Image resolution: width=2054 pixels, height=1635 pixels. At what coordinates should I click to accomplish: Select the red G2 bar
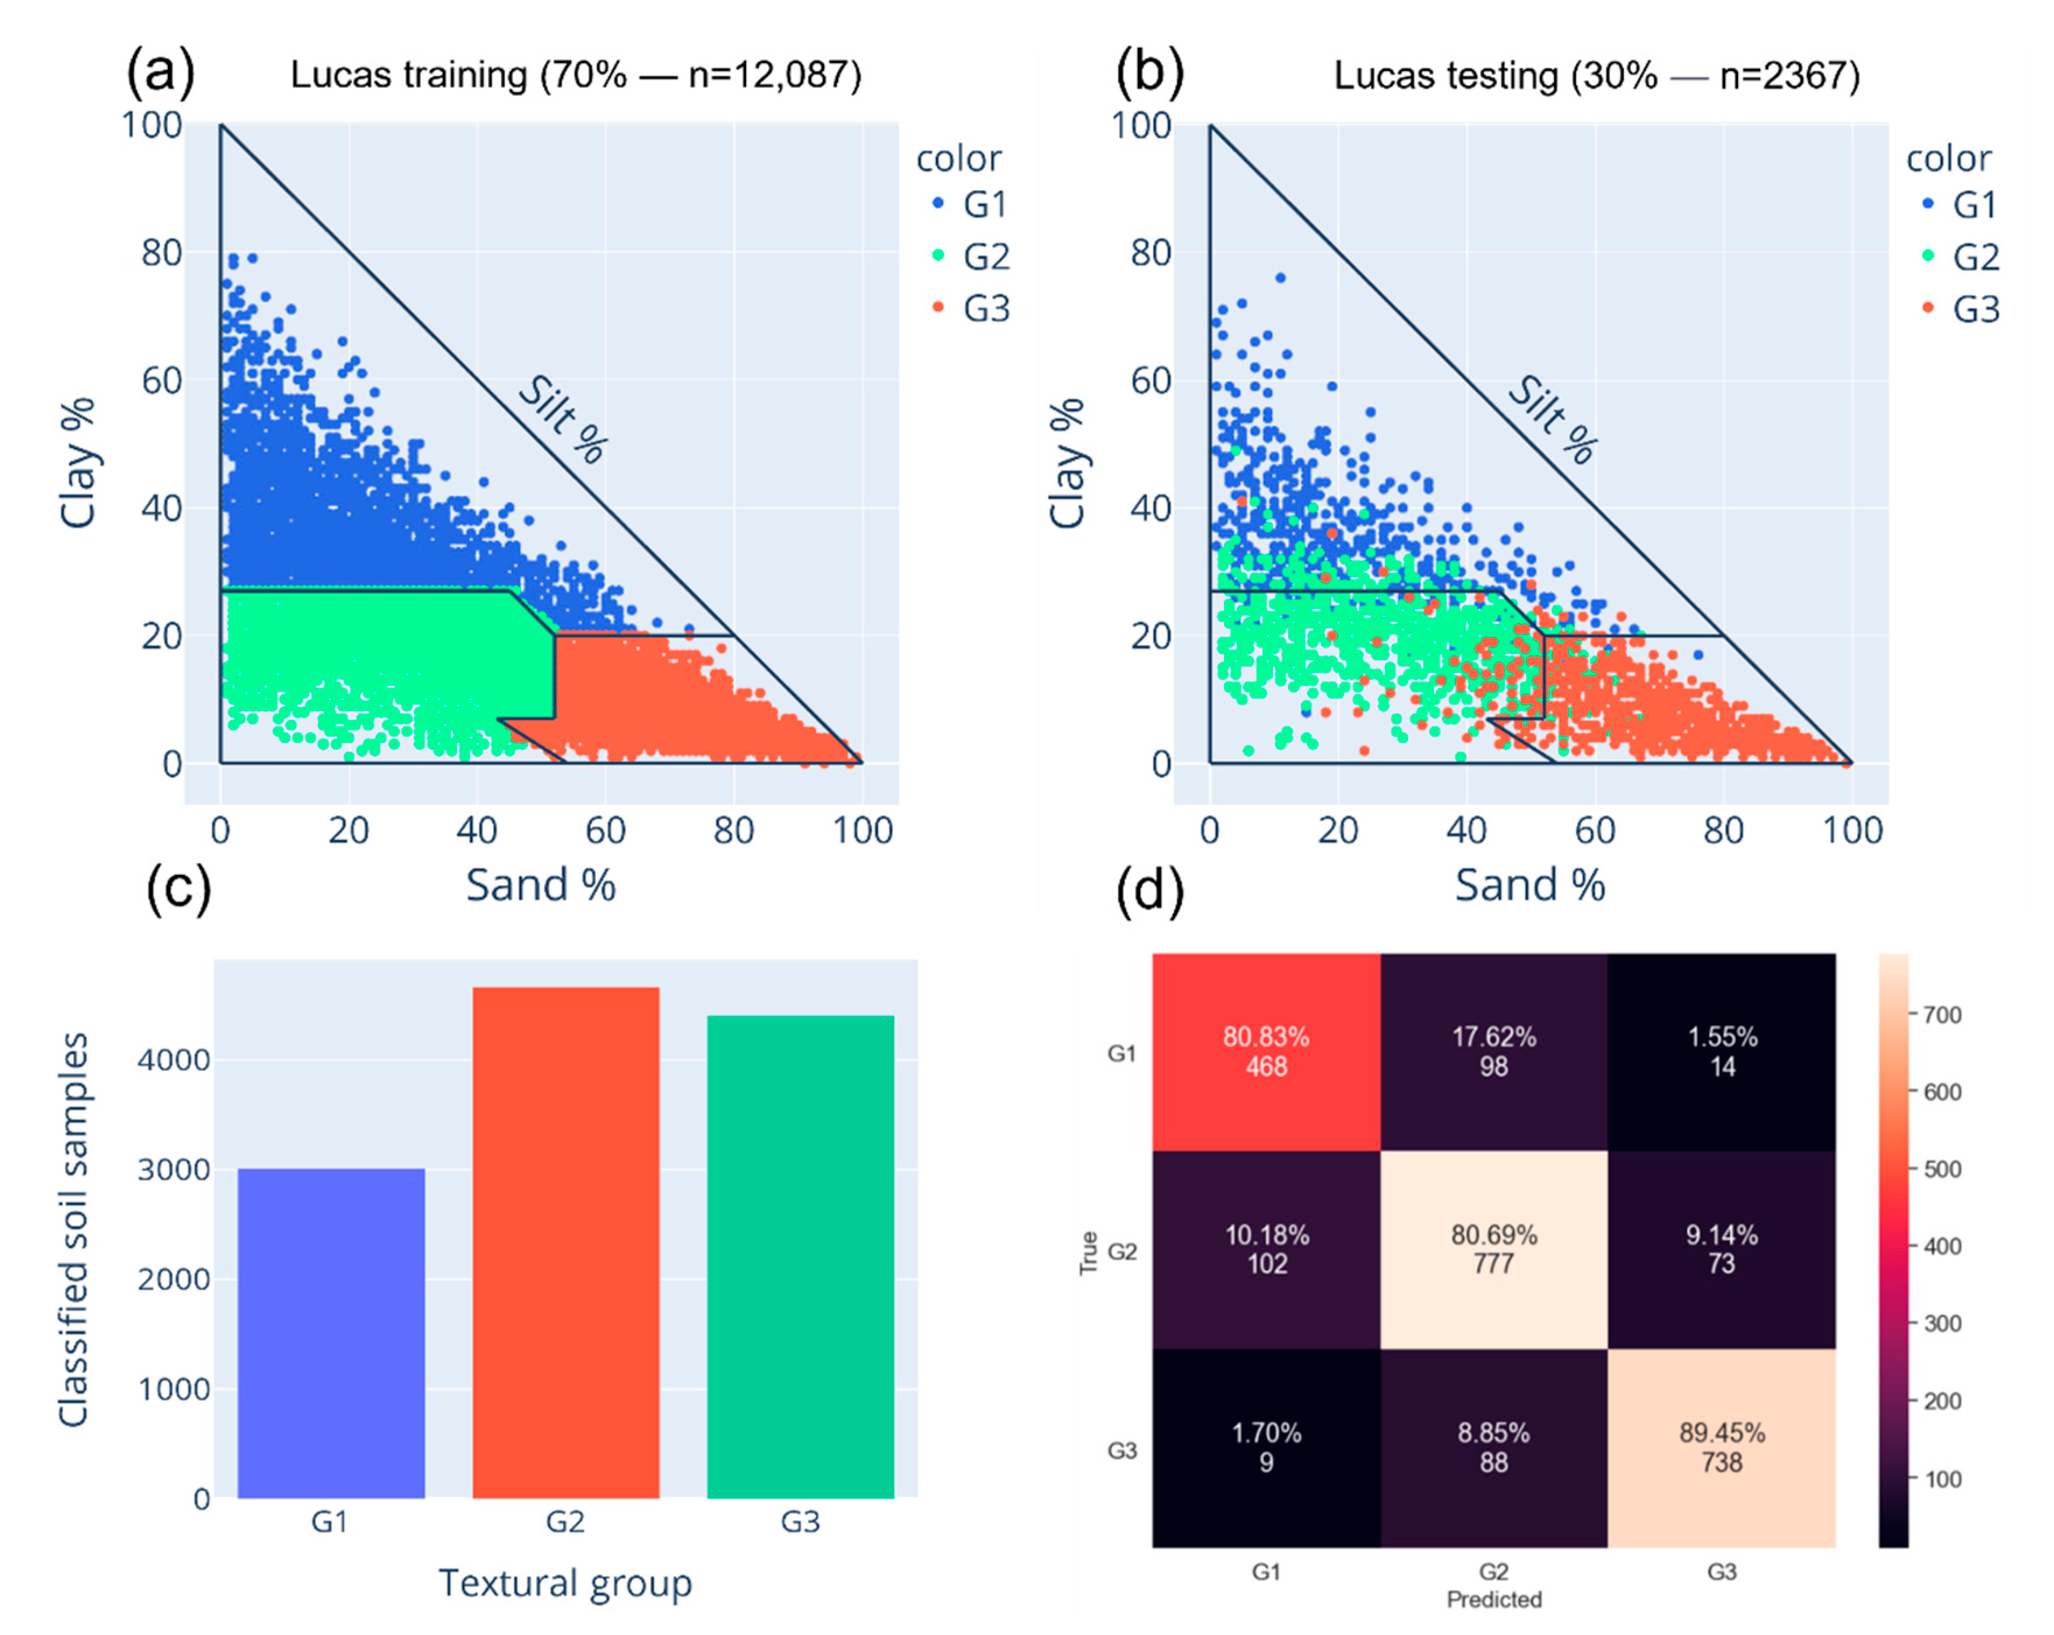tap(566, 1243)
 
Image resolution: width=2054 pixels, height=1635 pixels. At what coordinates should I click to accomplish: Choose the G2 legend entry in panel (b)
tap(1961, 257)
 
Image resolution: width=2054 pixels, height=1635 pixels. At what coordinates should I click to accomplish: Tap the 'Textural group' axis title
tap(565, 1583)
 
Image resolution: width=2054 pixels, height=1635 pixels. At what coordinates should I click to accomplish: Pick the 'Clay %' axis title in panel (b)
tap(1067, 463)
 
